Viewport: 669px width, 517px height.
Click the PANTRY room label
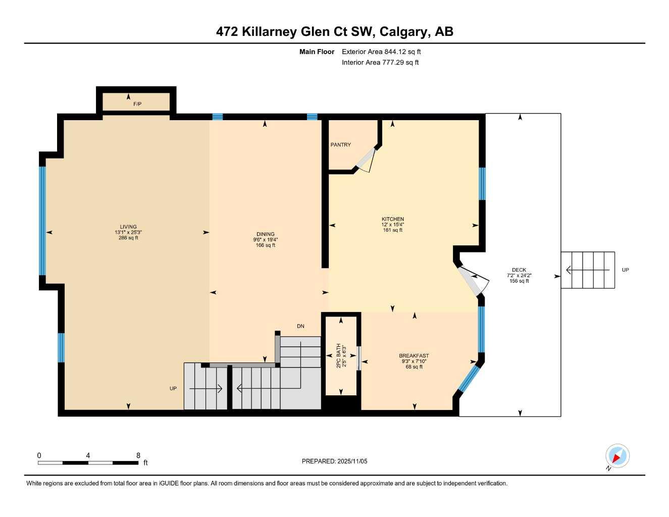point(340,145)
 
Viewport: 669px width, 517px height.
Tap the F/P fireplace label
point(137,104)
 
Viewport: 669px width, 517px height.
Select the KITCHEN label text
point(392,219)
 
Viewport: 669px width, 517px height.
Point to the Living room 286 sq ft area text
point(128,238)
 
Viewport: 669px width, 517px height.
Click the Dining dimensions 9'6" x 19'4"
point(266,240)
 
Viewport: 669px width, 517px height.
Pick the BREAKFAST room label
point(414,356)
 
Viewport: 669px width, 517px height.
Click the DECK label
point(519,270)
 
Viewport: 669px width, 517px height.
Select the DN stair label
point(300,326)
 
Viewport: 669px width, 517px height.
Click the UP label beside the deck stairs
point(625,270)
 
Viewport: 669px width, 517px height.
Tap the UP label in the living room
point(173,389)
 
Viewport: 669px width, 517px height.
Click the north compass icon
point(617,456)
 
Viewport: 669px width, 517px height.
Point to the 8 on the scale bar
point(138,455)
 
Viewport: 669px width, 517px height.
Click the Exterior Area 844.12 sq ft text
point(381,51)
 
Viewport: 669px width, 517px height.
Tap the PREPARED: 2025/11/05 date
point(334,461)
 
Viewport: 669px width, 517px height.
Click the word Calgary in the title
point(403,32)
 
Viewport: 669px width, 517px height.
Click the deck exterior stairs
point(588,270)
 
